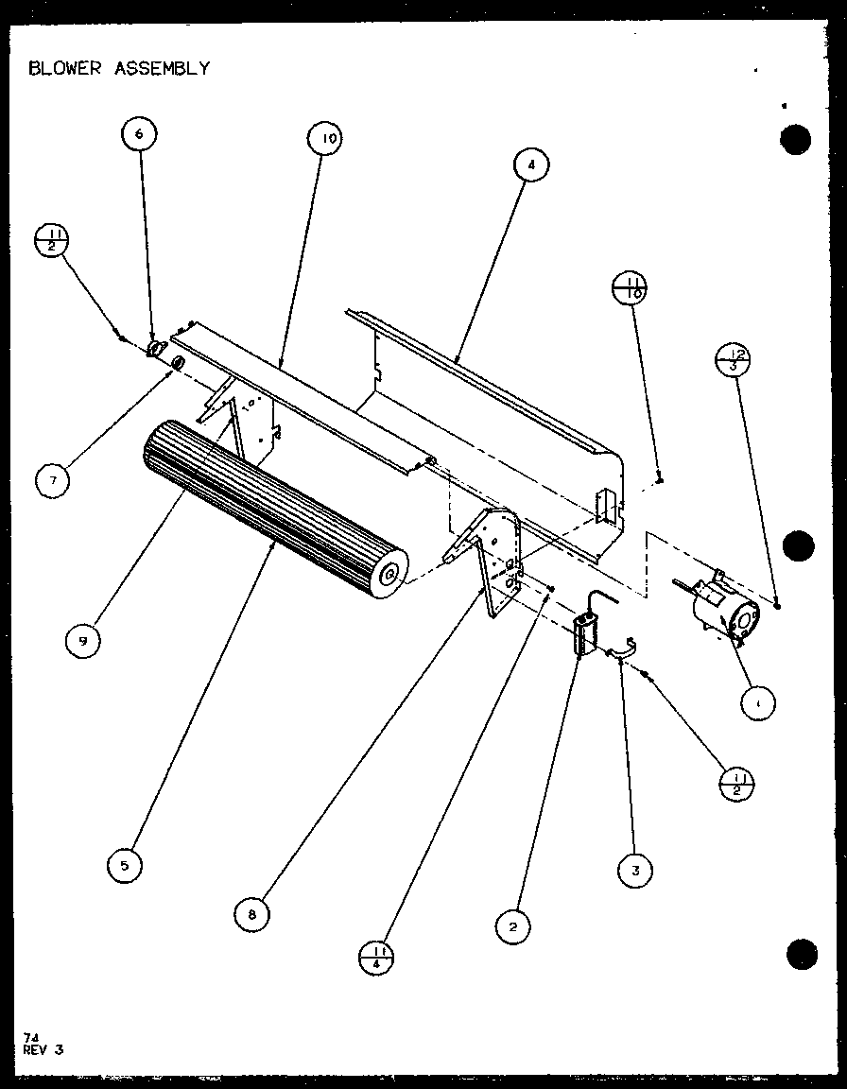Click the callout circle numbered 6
pos(139,134)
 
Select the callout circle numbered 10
pos(325,140)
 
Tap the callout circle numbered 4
pos(531,164)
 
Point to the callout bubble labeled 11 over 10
pos(631,288)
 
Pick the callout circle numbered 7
pos(54,480)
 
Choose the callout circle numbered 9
pos(83,641)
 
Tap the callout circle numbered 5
pos(125,864)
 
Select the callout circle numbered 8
pos(251,912)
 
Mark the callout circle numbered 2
pos(512,926)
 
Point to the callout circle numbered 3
pos(635,871)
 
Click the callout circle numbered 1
pos(758,703)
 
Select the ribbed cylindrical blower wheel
pos(269,510)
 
